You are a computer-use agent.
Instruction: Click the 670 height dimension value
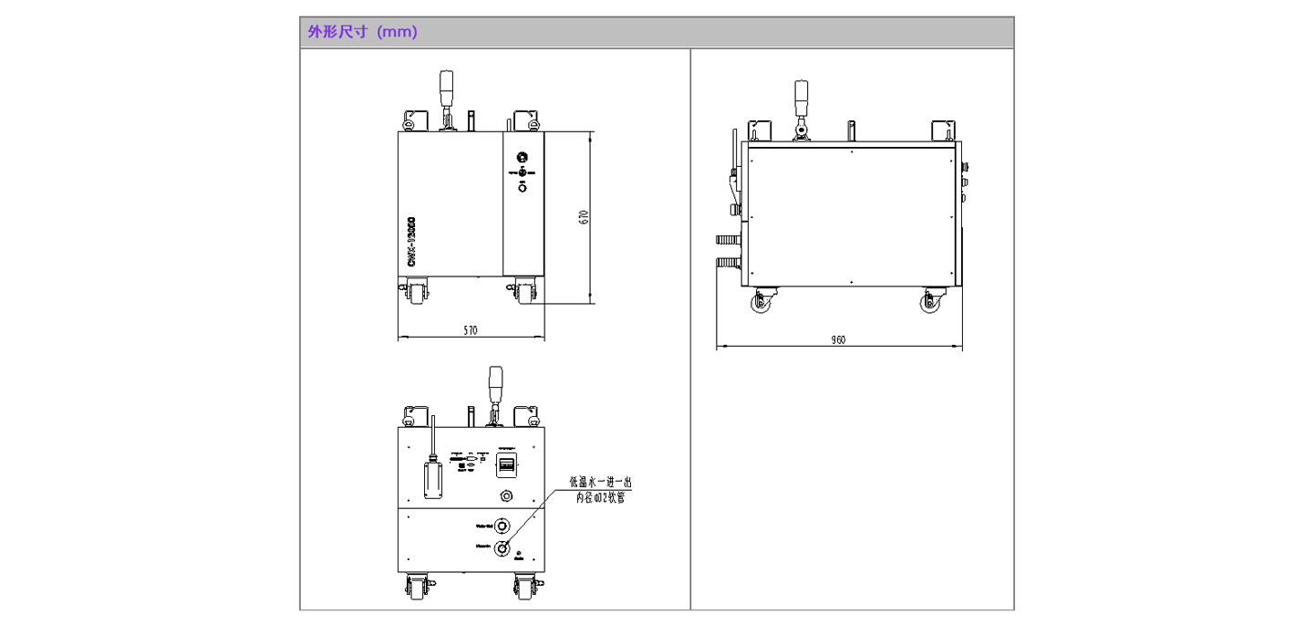pos(585,217)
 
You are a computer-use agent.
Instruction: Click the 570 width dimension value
pos(471,330)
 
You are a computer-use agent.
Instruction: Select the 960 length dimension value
pos(838,339)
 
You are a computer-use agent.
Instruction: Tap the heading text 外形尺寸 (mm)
pos(362,32)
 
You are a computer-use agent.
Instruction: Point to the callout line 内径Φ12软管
pos(600,497)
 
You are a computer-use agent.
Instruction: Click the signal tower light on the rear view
pos(496,383)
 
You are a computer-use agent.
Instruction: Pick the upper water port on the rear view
pos(502,526)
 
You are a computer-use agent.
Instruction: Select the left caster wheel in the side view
pos(761,304)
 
